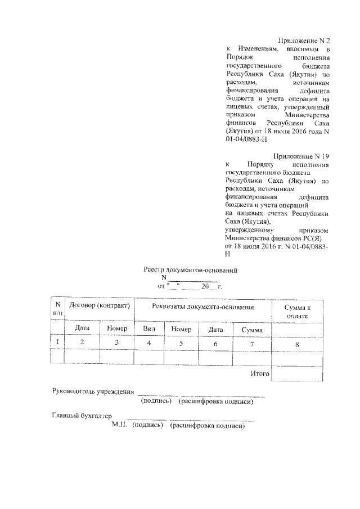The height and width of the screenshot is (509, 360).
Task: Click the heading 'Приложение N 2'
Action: pyautogui.click(x=304, y=40)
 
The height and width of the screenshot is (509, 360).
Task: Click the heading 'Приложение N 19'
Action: pyautogui.click(x=301, y=155)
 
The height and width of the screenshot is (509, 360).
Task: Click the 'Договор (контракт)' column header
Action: pyautogui.click(x=99, y=306)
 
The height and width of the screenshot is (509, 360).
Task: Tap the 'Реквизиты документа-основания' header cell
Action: pyautogui.click(x=203, y=307)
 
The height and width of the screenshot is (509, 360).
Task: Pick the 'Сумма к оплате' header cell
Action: pyautogui.click(x=297, y=312)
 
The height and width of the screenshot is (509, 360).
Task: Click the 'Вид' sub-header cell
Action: pyautogui.click(x=149, y=328)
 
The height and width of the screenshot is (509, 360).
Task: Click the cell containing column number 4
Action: pyautogui.click(x=149, y=343)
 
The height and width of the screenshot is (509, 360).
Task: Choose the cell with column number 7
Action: pyautogui.click(x=252, y=343)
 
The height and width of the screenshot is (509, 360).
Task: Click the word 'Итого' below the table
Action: pyautogui.click(x=260, y=373)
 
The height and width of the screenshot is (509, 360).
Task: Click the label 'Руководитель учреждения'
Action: pyautogui.click(x=93, y=391)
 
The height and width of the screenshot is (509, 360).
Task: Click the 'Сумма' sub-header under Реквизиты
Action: pyautogui.click(x=252, y=329)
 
